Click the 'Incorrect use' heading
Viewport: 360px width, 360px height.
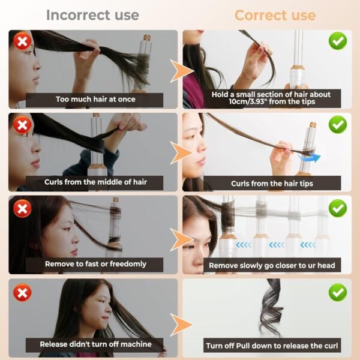(x=92, y=15)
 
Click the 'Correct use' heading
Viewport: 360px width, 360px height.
(x=275, y=15)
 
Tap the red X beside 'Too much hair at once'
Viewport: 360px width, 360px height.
(x=22, y=42)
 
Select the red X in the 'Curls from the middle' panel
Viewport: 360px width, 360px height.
(x=22, y=125)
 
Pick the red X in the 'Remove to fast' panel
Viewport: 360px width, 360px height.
(x=22, y=208)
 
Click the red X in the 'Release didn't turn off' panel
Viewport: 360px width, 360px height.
(x=22, y=292)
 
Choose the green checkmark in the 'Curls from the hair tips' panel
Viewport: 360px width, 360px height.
(x=337, y=125)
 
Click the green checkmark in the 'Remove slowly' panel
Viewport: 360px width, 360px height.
(x=337, y=208)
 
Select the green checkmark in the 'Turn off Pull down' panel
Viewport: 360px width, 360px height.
(x=337, y=292)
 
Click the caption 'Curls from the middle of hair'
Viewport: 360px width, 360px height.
(x=95, y=182)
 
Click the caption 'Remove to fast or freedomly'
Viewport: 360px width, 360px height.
(x=95, y=263)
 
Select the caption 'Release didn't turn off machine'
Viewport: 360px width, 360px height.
(x=95, y=344)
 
